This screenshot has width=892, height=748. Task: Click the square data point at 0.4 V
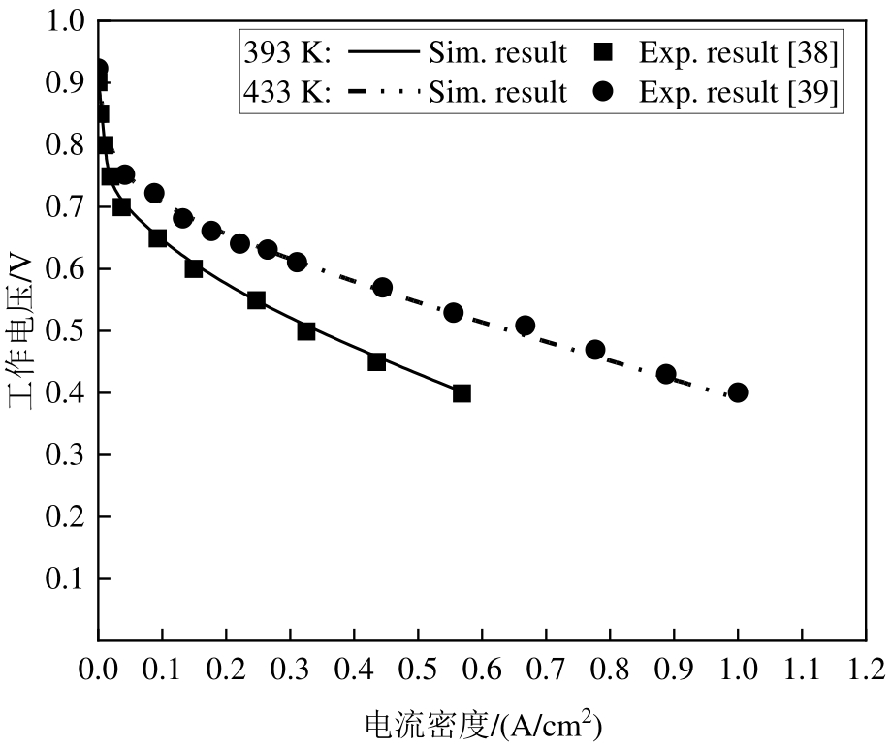[x=462, y=393]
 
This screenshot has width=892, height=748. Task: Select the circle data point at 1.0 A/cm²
[x=738, y=392]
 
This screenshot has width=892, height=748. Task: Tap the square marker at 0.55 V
[x=256, y=300]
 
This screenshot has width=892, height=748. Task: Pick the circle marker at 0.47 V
[x=595, y=350]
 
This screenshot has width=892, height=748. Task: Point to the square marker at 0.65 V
[x=158, y=238]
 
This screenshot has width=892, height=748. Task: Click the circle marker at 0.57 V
[x=383, y=288]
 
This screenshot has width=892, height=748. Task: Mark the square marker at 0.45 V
[x=377, y=362]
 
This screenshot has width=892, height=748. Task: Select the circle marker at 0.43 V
[x=666, y=374]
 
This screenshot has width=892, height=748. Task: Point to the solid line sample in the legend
[x=382, y=52]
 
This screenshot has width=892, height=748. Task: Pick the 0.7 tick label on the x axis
[x=546, y=668]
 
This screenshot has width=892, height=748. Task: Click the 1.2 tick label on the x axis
[x=866, y=668]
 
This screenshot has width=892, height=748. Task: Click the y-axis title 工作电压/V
[x=21, y=329]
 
